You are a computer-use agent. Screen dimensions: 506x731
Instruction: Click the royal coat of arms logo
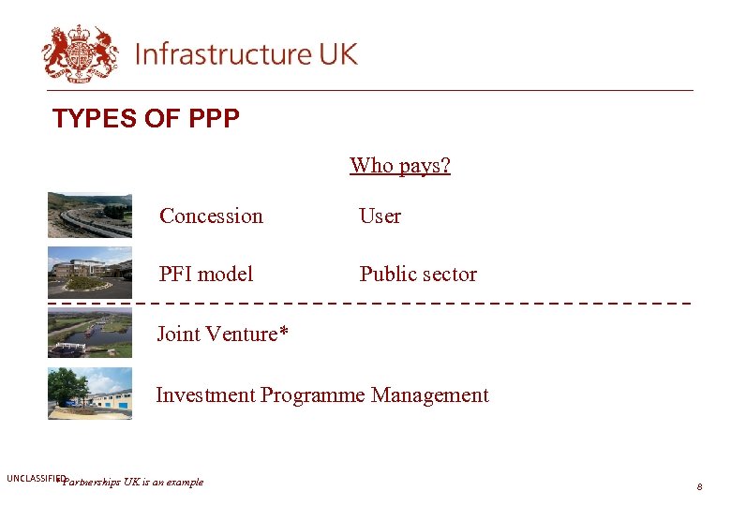click(x=80, y=52)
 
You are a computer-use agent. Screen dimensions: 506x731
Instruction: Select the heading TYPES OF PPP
click(x=146, y=119)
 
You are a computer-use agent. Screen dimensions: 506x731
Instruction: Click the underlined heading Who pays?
click(x=400, y=166)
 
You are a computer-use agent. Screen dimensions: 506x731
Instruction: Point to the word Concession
click(x=211, y=216)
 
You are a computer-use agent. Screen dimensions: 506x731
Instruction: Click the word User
click(x=380, y=216)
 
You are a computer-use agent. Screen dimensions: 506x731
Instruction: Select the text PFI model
click(x=206, y=275)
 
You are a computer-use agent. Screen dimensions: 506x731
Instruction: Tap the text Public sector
click(x=418, y=275)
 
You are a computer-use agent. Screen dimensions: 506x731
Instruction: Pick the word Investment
click(x=205, y=395)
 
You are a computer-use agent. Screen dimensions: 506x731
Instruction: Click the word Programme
click(x=313, y=395)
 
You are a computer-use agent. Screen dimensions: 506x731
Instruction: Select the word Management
click(x=429, y=395)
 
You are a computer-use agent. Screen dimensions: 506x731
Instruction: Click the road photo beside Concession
click(x=90, y=215)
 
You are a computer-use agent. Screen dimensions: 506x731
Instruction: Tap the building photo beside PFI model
click(x=90, y=273)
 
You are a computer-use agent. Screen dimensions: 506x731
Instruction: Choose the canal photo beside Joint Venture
click(x=90, y=333)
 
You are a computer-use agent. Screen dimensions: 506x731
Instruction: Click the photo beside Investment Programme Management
click(x=90, y=394)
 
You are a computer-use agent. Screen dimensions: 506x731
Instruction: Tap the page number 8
click(x=699, y=487)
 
